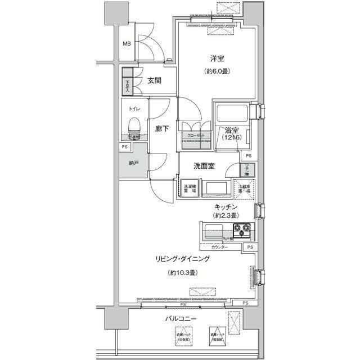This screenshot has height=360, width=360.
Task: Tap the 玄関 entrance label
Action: click(155, 80)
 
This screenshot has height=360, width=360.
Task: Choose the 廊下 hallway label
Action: click(162, 129)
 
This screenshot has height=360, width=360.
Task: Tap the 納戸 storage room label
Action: click(133, 164)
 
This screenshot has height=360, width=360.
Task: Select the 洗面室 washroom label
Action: click(204, 166)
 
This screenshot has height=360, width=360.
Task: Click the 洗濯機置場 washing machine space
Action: click(190, 190)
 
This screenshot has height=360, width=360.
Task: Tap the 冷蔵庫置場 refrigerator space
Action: click(244, 189)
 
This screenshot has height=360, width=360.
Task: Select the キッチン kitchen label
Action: click(226, 207)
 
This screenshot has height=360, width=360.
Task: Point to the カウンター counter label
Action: click(220, 247)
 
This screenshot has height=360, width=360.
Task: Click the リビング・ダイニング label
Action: click(183, 259)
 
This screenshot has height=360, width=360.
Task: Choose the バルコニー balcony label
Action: click(181, 319)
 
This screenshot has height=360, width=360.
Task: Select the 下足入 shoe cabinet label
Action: click(127, 84)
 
